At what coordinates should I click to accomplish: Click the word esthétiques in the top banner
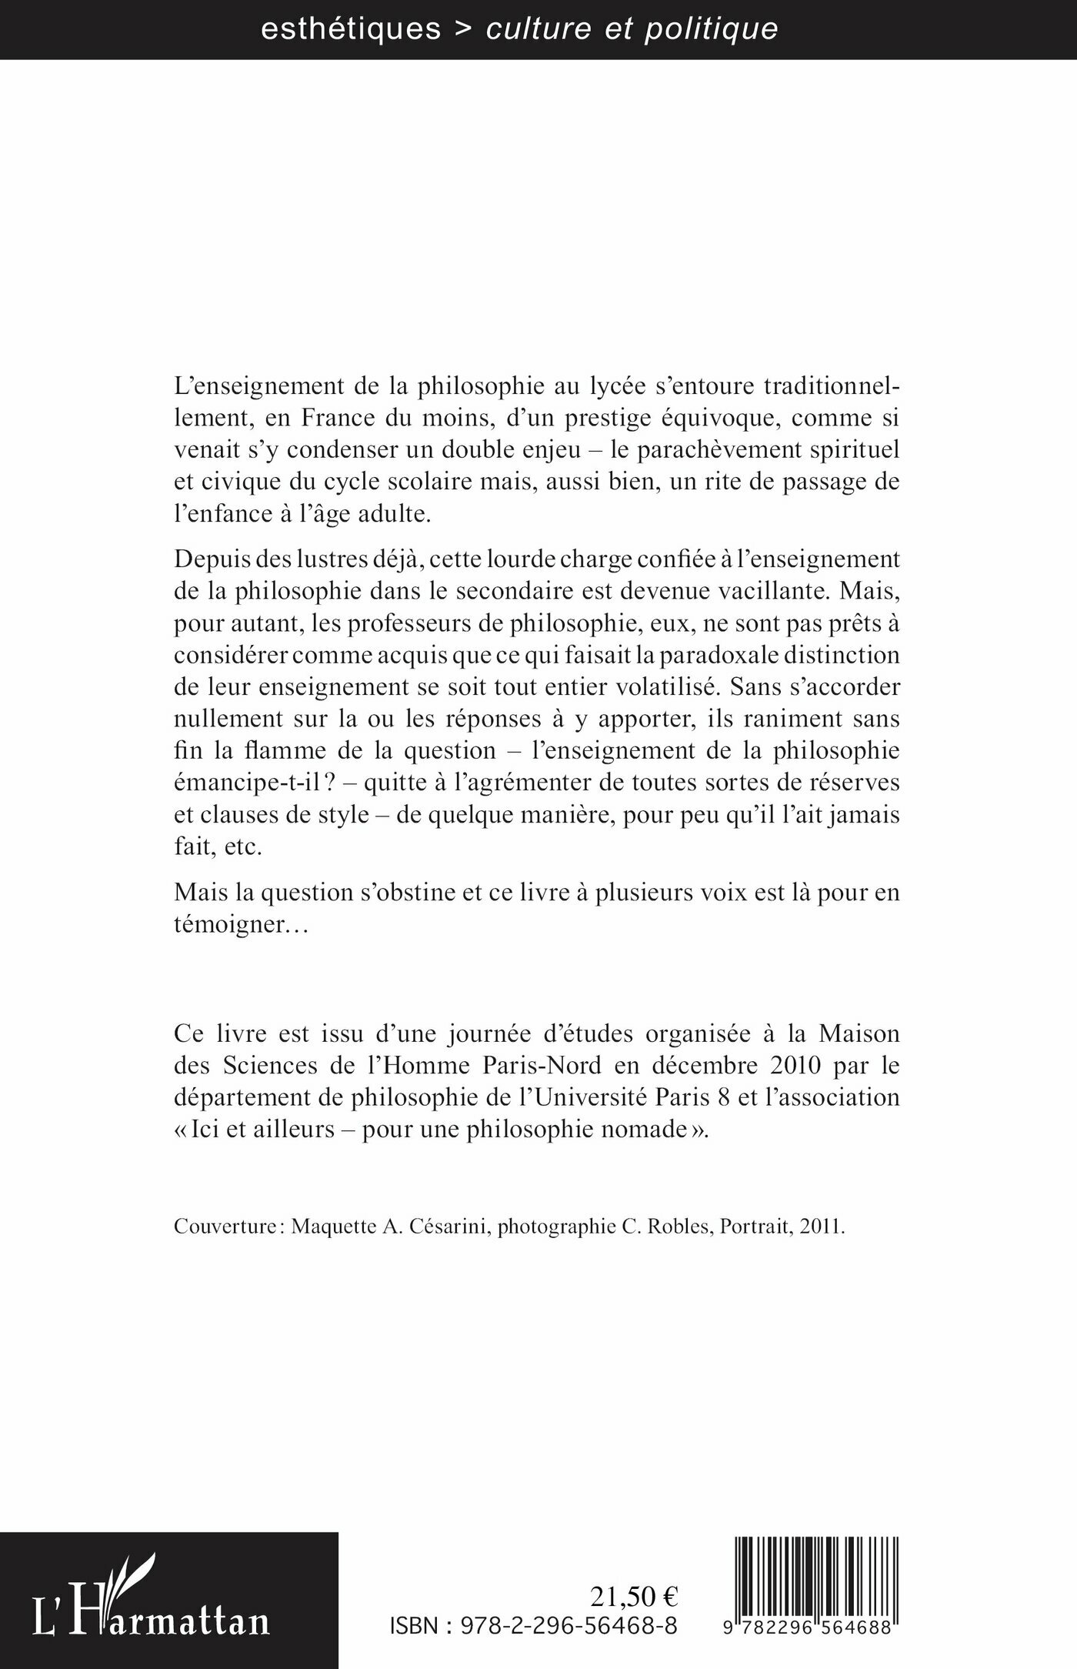click(x=351, y=29)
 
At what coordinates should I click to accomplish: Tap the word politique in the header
click(x=711, y=29)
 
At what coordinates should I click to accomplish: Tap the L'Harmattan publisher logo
click(x=151, y=1601)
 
